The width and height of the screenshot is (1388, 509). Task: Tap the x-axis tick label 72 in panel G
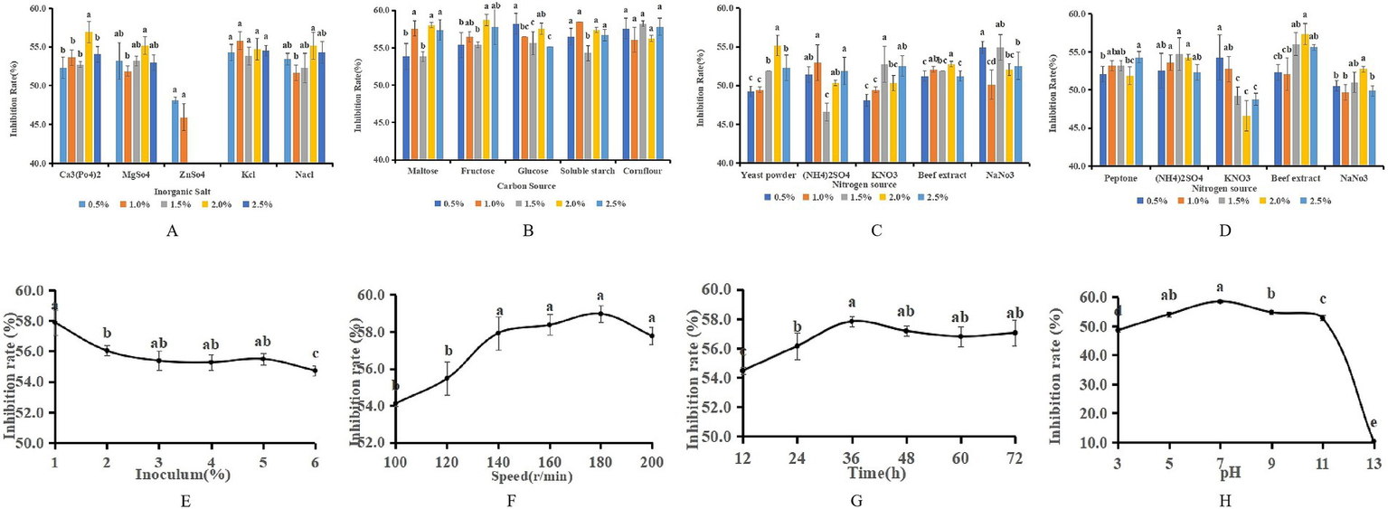1014,458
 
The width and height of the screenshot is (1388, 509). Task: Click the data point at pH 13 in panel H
1373,441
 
